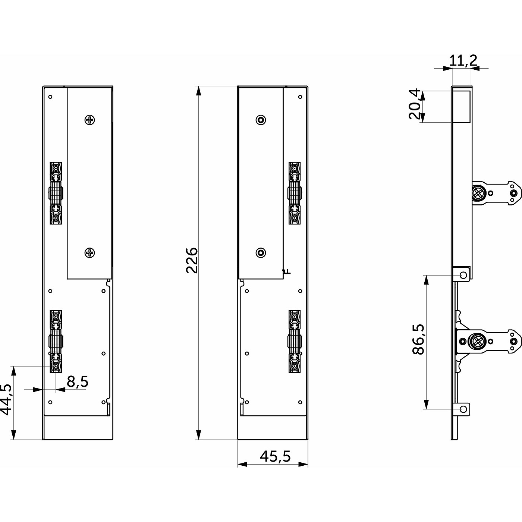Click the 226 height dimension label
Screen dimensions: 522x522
(x=192, y=260)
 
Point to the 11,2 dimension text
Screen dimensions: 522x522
(x=463, y=60)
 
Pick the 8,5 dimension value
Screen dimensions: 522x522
(x=78, y=382)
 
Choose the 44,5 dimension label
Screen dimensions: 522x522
(x=6, y=399)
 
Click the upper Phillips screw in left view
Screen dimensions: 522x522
(x=89, y=120)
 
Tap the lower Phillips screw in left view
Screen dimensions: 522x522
(x=89, y=253)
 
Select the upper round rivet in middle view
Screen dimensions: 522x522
(x=261, y=120)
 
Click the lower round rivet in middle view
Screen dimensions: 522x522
(x=261, y=253)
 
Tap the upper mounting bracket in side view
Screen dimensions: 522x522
(x=496, y=193)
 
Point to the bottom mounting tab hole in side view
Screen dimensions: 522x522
(x=463, y=416)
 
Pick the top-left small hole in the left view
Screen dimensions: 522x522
(x=50, y=97)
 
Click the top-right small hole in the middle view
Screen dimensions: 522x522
(x=300, y=97)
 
